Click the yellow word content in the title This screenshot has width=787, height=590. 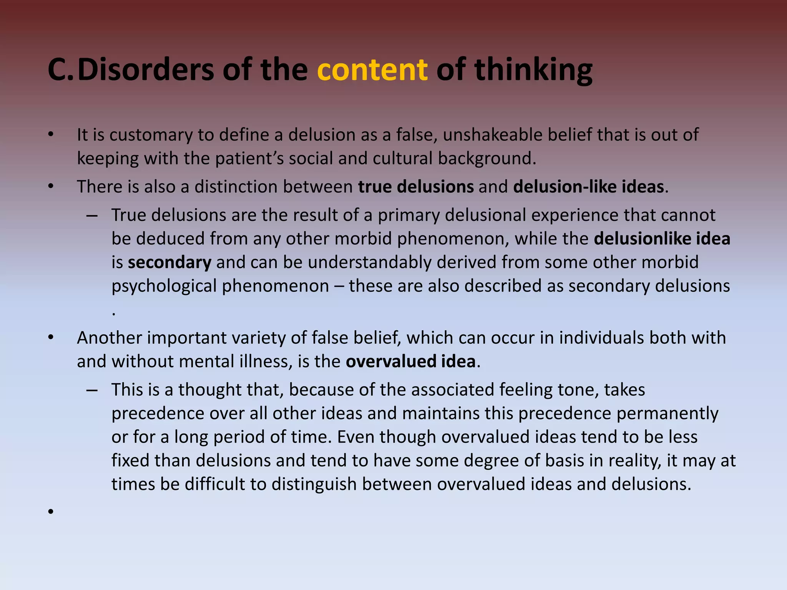point(372,70)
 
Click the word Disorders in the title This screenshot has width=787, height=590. point(145,70)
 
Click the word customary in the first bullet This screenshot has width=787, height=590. point(151,135)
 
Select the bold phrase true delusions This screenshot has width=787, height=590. point(416,187)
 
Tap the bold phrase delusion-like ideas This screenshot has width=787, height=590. point(588,187)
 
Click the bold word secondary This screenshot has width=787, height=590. point(169,262)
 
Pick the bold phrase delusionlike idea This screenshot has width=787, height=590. point(662,239)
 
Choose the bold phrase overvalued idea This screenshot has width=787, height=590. point(410,361)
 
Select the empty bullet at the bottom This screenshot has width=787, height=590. point(51,511)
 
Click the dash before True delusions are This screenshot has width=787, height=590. point(92,215)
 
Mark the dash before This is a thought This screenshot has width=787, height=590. point(92,390)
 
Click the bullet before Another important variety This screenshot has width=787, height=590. point(51,338)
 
